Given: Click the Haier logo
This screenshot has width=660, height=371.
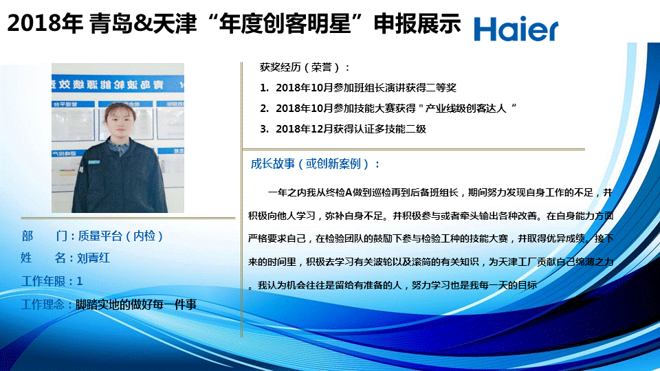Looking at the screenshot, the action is click(x=516, y=29).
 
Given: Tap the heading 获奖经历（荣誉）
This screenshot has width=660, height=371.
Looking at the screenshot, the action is click(x=305, y=67).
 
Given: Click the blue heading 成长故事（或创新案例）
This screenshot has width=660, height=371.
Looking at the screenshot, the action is click(x=316, y=164).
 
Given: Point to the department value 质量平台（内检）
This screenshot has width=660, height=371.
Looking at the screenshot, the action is click(x=120, y=236).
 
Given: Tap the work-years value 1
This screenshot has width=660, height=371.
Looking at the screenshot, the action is click(x=80, y=281).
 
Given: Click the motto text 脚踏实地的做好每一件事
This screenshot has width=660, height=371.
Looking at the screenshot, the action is click(x=136, y=304).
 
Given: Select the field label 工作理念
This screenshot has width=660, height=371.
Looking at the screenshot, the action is click(x=43, y=304).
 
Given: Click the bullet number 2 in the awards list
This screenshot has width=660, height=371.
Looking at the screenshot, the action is click(x=263, y=109).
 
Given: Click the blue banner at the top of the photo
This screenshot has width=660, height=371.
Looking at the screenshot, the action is click(x=118, y=84).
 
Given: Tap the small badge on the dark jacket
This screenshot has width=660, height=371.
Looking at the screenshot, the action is click(x=94, y=162).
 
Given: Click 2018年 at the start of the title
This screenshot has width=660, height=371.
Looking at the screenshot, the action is click(x=45, y=23).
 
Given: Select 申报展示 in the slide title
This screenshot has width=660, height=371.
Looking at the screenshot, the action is click(x=417, y=23).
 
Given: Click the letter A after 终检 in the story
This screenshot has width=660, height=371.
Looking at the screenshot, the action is click(x=348, y=192).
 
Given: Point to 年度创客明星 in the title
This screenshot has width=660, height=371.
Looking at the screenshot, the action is click(x=285, y=23).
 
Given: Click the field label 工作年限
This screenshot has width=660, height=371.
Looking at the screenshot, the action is click(x=43, y=281).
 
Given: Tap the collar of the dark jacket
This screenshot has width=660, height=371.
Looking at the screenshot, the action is click(x=119, y=147).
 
